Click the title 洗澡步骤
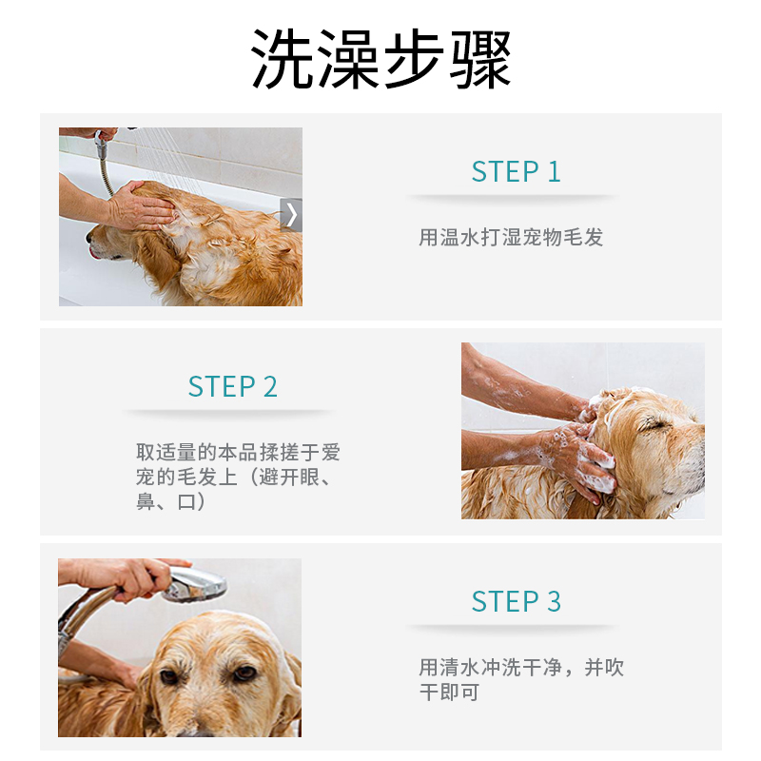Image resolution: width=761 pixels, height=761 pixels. click(x=381, y=58)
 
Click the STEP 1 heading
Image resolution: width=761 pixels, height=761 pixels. click(x=516, y=171)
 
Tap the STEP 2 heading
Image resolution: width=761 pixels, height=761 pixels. click(x=232, y=386)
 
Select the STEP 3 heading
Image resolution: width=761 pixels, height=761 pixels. click(x=516, y=601)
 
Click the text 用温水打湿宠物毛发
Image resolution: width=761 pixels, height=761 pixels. click(x=511, y=237)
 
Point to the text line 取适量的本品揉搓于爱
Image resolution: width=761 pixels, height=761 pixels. click(x=238, y=452)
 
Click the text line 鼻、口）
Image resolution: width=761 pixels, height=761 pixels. click(x=170, y=501)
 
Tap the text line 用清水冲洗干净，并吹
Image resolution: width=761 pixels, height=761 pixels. click(x=521, y=668)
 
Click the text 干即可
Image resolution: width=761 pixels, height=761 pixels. click(x=449, y=693)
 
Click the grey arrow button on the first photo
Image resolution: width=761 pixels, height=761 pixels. click(x=291, y=215)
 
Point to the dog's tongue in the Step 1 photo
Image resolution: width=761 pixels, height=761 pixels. click(x=94, y=253)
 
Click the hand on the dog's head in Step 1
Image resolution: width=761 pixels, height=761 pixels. click(x=140, y=205)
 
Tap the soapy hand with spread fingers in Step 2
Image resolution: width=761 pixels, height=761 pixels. click(x=577, y=459)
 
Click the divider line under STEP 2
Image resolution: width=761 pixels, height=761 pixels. click(x=228, y=413)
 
